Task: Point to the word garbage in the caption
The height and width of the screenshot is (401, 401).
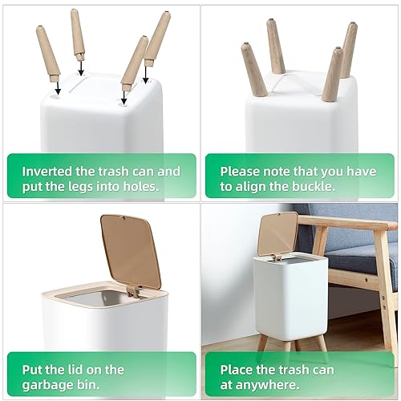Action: (51, 385)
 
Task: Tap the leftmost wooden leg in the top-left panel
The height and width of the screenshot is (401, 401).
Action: (46, 51)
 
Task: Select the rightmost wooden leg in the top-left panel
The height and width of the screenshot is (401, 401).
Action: (157, 38)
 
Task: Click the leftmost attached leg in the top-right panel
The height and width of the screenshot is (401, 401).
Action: (254, 69)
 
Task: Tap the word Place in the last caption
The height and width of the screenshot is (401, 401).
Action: (238, 370)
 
